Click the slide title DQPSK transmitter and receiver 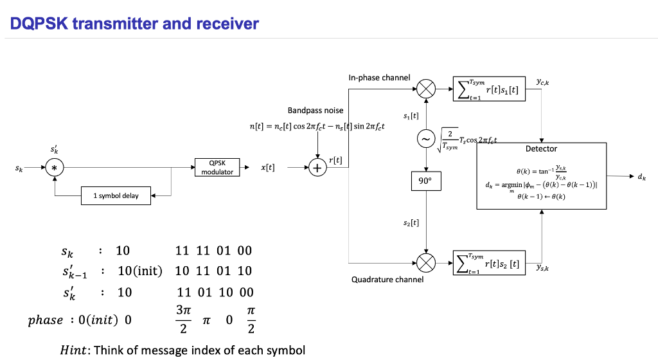(135, 24)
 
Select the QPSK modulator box (217, 168)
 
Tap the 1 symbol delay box (117, 196)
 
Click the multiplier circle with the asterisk (55, 168)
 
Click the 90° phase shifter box (425, 181)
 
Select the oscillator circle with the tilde (425, 138)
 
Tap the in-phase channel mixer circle (425, 88)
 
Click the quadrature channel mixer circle (425, 262)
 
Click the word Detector (541, 149)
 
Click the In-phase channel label (379, 78)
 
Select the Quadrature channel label (387, 280)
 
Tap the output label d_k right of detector (643, 176)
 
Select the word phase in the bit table (46, 320)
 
